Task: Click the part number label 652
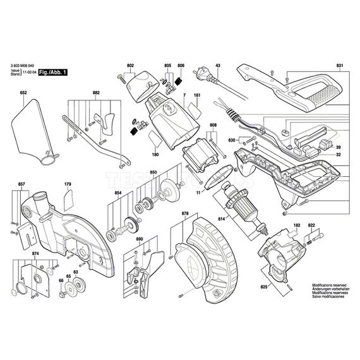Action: click(x=23, y=93)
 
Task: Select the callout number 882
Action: click(x=97, y=93)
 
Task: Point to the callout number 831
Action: click(x=339, y=66)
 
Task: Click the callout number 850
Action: click(x=153, y=172)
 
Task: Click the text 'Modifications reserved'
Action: click(x=330, y=285)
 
